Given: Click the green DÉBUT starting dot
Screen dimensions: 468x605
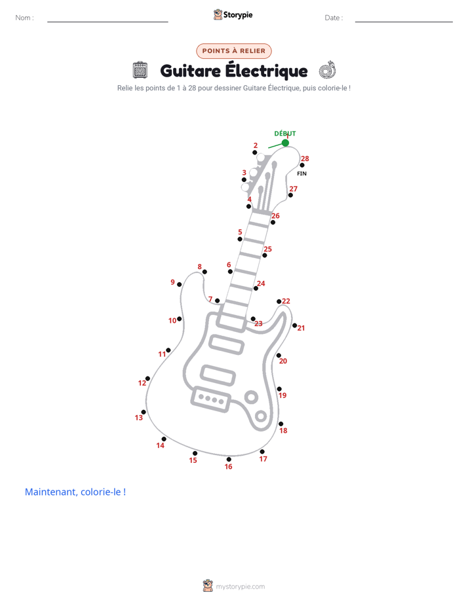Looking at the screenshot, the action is point(285,143).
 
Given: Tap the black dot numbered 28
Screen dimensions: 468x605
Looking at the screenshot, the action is point(302,165).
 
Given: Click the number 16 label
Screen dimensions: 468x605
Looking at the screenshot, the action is point(228,466).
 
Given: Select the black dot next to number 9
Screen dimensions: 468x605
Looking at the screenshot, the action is point(179,284).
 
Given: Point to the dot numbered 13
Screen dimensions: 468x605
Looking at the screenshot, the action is point(144,412).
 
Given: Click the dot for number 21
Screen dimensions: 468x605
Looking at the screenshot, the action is point(294,325).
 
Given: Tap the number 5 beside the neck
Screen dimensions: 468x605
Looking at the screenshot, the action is point(240,232).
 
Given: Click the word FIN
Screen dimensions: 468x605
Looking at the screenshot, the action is point(302,174).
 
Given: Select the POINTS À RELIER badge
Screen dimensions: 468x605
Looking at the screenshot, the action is point(234,51).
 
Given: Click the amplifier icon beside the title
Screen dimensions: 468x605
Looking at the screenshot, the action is point(140,70).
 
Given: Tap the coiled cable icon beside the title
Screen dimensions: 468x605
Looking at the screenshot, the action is point(328,70).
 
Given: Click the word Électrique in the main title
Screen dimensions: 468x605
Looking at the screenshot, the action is point(266,71).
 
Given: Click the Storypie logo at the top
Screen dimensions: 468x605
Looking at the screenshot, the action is point(233,14).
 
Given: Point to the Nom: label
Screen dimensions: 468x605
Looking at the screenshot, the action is point(25,18).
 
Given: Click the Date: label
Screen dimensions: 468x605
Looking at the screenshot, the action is point(334,18).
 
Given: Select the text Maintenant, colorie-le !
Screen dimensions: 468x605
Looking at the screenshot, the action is point(75,492).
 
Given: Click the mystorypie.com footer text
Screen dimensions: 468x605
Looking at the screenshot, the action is point(240,587).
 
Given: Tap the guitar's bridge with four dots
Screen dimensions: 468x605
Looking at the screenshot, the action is point(211,399).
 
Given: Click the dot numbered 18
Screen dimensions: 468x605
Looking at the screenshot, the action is point(281,424).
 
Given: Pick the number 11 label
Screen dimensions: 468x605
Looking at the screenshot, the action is point(162,354).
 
